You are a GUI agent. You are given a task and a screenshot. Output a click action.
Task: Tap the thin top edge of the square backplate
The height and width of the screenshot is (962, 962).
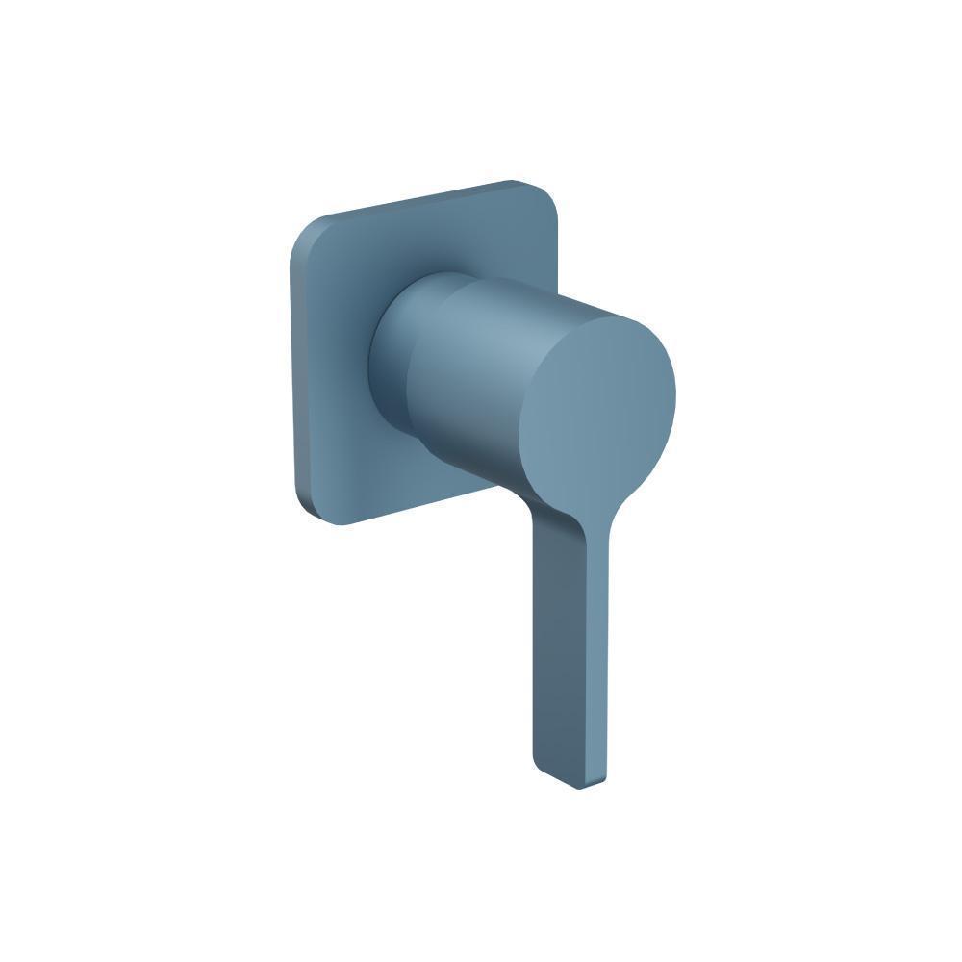423,197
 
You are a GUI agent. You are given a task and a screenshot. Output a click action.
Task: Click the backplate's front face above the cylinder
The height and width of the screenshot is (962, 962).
433,240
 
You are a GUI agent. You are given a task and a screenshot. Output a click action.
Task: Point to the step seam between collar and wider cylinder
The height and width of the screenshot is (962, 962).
412,366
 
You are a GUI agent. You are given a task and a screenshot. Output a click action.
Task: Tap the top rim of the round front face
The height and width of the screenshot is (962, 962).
596,319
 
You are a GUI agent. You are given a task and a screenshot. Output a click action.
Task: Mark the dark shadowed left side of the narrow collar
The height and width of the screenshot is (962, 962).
377,366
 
